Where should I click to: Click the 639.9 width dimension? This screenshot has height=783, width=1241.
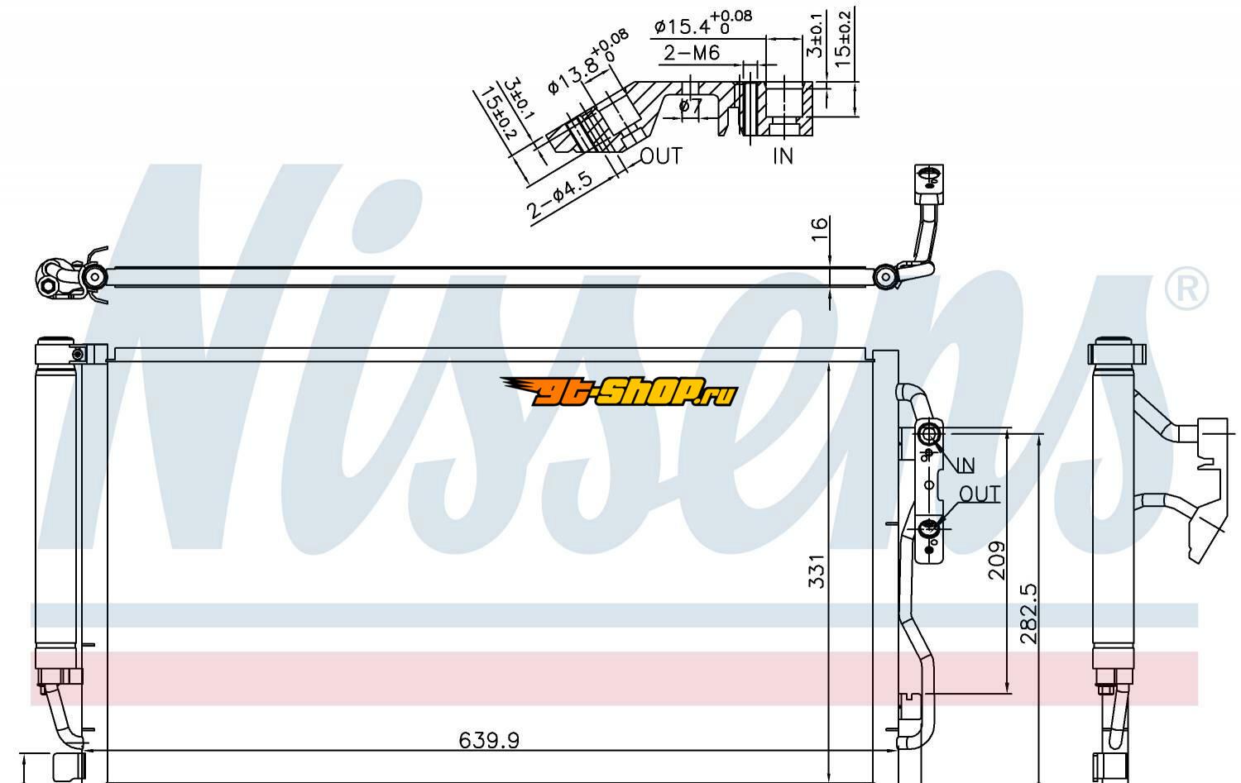click(489, 740)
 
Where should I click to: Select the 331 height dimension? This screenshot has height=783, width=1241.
click(817, 571)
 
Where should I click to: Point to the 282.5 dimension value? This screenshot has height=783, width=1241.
click(1028, 614)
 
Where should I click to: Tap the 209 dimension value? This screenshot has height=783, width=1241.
click(997, 561)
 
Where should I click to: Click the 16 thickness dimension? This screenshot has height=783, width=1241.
click(819, 228)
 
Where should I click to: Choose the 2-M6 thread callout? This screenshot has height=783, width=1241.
click(692, 53)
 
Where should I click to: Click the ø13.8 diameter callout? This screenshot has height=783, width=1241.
click(587, 63)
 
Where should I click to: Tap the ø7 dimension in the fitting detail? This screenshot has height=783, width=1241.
click(690, 105)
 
